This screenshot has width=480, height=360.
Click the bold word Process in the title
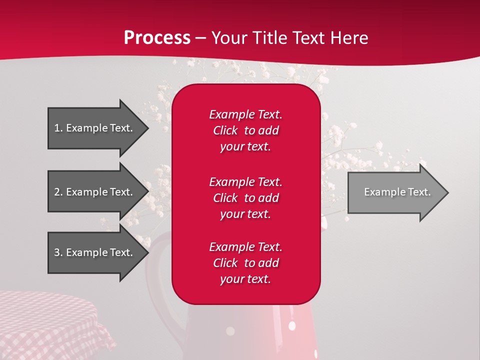tap(157, 38)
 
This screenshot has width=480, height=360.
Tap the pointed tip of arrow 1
tap(147, 128)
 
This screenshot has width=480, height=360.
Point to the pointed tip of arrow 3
tap(147, 252)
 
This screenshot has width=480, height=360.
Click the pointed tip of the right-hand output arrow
tap(447, 192)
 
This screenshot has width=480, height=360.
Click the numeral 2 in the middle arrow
tap(57, 192)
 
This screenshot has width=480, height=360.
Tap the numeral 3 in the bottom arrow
tap(57, 252)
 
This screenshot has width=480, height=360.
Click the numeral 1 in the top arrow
tap(57, 128)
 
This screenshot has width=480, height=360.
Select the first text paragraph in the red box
tap(245, 130)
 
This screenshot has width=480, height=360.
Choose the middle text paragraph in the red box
tap(245, 198)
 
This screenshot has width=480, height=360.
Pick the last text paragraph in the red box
tap(245, 263)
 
